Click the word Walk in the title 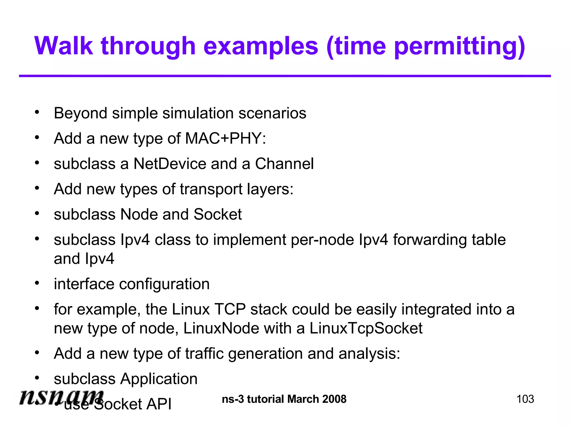click(x=63, y=46)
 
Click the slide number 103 click(x=525, y=399)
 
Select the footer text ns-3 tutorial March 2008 click(x=284, y=399)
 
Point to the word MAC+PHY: click(x=225, y=138)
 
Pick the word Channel click(x=284, y=164)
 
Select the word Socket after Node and click(x=217, y=214)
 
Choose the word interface click(x=84, y=284)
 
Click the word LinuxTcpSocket click(x=366, y=329)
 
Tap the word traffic click(x=204, y=354)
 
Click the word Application click(x=159, y=379)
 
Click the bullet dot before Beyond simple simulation click(x=37, y=113)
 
